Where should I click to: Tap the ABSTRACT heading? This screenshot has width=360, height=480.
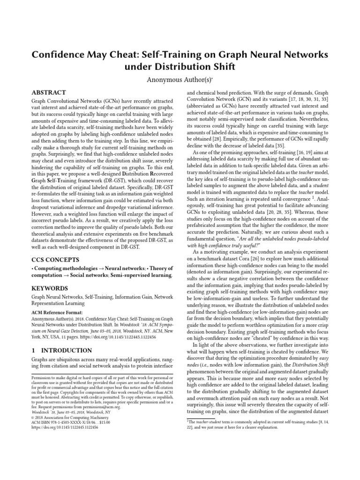(49, 93)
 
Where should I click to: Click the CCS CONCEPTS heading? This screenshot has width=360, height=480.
(55, 259)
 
